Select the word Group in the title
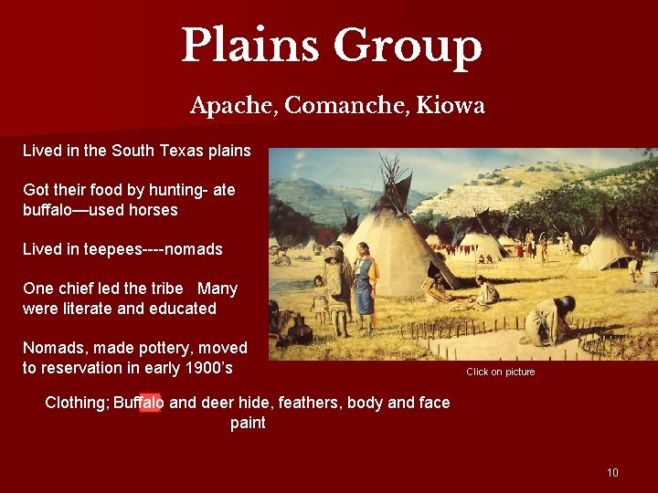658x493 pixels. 407,47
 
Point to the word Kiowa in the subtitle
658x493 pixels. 450,107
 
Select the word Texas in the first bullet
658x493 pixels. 161,150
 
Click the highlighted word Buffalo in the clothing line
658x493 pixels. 139,403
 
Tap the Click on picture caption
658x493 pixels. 500,372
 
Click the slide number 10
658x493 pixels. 612,472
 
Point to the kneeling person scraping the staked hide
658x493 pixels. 547,320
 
